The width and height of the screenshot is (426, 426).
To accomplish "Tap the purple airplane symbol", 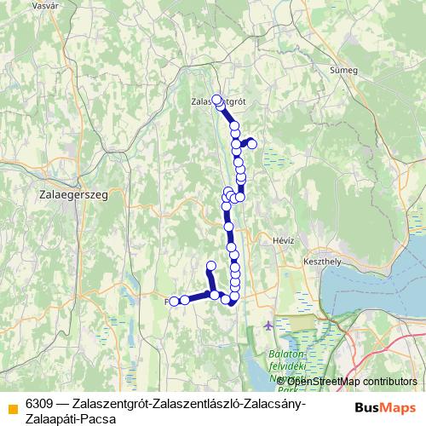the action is coord(270,325).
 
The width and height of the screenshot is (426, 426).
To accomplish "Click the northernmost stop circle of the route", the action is coord(216,99).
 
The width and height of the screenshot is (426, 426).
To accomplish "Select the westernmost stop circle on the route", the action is coord(174,301).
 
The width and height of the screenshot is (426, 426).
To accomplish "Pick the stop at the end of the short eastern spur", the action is coord(252,142).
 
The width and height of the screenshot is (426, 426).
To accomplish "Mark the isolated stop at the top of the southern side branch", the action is coord(211,265).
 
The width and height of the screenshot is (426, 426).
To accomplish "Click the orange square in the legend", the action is coord(11,403).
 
